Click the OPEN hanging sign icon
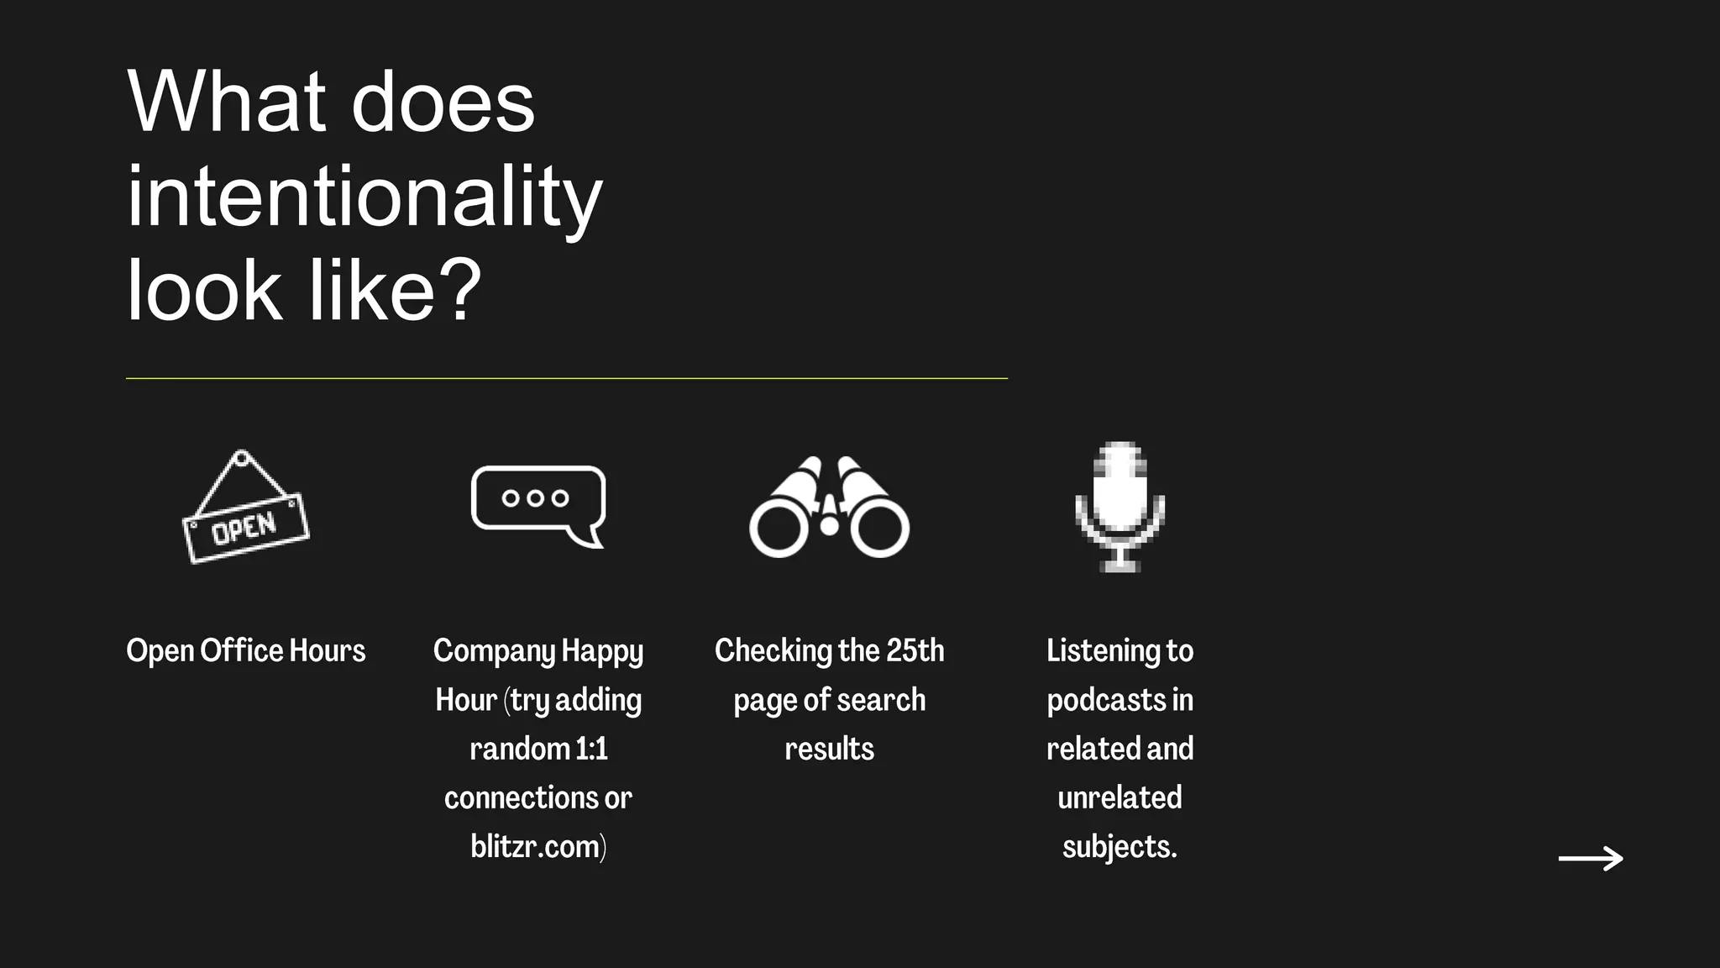(245, 509)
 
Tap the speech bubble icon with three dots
(538, 505)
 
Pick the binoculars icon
(829, 508)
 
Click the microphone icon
(1120, 506)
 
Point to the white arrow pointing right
(1591, 858)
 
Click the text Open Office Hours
(245, 650)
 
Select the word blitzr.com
(535, 846)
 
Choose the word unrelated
(1120, 797)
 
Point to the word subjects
(1119, 846)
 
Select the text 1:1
(591, 749)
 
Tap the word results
(829, 749)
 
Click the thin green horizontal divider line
(566, 378)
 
